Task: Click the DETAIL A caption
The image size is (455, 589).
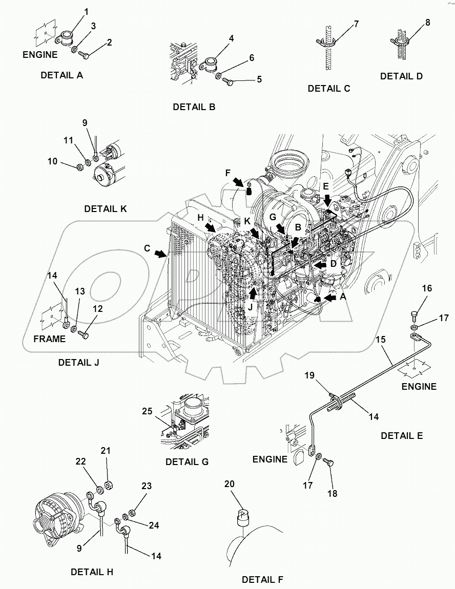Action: [61, 75]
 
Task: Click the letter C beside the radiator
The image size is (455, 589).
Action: [147, 248]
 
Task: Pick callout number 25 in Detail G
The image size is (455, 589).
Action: [147, 412]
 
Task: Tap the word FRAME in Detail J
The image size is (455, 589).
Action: [49, 339]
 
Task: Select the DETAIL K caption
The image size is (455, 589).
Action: [105, 208]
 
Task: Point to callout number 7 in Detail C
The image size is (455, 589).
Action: [356, 24]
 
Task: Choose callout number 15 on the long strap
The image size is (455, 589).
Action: [380, 339]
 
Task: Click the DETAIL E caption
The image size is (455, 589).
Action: [402, 436]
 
